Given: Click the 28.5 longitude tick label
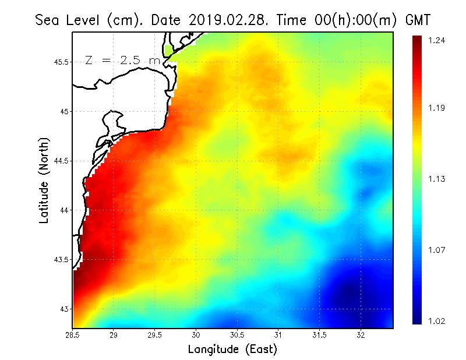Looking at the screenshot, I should [x=73, y=335].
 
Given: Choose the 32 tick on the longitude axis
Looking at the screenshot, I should [x=361, y=335].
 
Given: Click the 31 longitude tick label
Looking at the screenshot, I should [x=278, y=335].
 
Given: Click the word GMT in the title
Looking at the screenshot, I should [x=416, y=20].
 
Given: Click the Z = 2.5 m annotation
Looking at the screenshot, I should [x=122, y=60].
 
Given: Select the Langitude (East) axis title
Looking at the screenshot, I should [x=232, y=350].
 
